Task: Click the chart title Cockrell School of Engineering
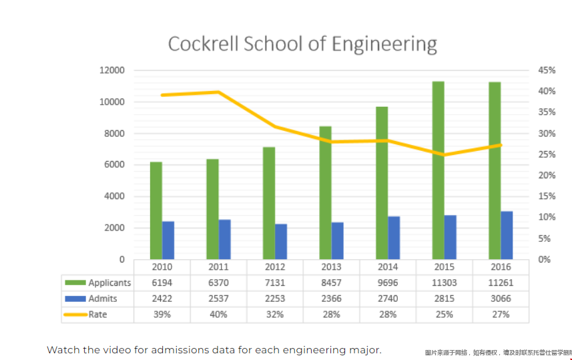(302, 44)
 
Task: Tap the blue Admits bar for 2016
(507, 235)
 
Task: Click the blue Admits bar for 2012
(281, 241)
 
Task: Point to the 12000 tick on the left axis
(111, 71)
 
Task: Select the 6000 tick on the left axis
(114, 165)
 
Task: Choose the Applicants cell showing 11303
(444, 283)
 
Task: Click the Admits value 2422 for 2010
(162, 299)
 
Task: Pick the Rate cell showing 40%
(218, 315)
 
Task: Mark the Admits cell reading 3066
(501, 299)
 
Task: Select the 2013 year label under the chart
(331, 267)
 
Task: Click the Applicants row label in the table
(109, 283)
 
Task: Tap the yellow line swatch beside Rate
(75, 315)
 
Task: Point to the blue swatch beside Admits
(75, 299)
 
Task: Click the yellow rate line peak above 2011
(218, 92)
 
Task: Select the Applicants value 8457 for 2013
(331, 283)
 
